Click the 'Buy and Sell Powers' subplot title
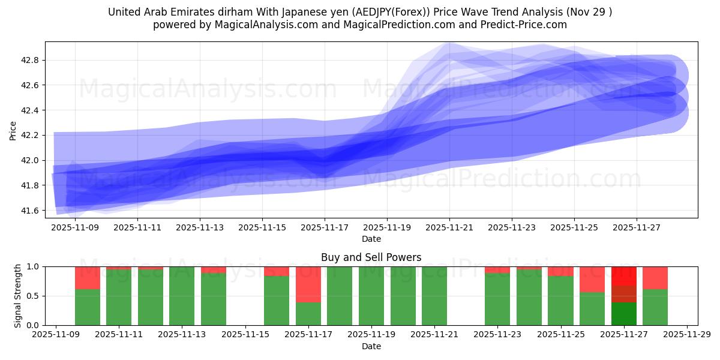point(371,257)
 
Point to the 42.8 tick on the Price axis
point(30,61)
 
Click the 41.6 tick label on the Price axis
point(30,211)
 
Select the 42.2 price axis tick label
point(30,136)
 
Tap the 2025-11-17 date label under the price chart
point(325,228)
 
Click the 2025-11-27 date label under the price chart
point(637,228)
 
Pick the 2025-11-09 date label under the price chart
point(75,228)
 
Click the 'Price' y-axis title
point(13,130)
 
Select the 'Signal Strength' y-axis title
point(17,296)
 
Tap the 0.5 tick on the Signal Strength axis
point(33,296)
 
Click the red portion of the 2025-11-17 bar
point(308,284)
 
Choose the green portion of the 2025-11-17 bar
point(308,314)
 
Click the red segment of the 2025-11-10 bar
point(88,278)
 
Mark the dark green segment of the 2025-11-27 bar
point(624,314)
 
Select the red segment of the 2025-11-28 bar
point(655,278)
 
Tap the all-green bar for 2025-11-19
point(371,296)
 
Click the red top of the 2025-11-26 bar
point(592,279)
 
